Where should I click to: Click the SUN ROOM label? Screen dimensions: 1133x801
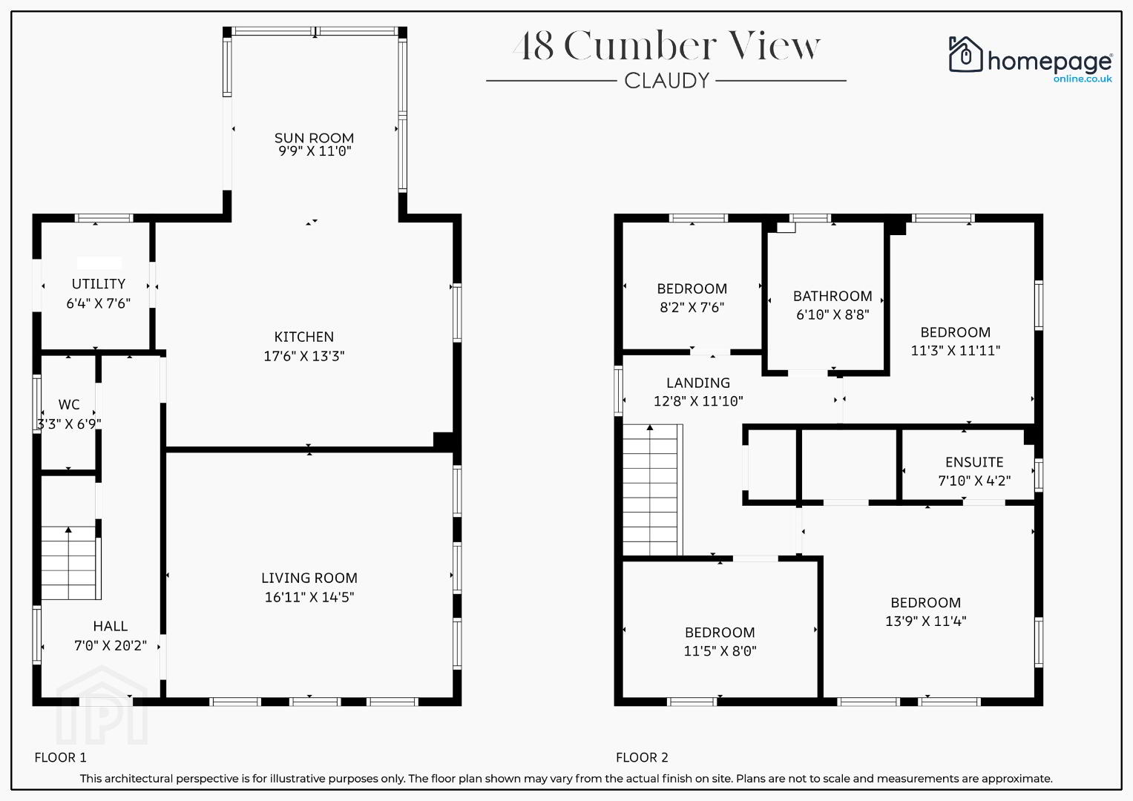[314, 137]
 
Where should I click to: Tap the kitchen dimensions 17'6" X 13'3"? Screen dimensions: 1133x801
[304, 356]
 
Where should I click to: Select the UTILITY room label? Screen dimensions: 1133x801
[99, 283]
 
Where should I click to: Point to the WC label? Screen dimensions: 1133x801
[69, 404]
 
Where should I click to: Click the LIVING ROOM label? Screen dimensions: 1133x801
[309, 578]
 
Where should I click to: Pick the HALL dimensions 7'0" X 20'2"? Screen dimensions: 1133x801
[111, 646]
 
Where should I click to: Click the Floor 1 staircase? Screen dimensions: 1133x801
[70, 563]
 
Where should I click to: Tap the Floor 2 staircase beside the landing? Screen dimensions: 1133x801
[652, 490]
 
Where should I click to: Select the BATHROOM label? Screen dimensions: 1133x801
[832, 296]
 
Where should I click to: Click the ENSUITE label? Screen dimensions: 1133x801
[974, 462]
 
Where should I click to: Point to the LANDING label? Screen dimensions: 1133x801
[698, 383]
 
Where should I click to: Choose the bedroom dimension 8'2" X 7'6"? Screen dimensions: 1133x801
[692, 308]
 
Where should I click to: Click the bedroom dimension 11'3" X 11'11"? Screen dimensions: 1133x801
[956, 350]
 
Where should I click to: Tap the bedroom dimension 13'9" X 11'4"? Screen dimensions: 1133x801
[926, 621]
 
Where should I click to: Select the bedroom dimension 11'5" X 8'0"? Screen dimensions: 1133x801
[720, 651]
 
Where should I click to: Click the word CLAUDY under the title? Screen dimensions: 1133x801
[666, 81]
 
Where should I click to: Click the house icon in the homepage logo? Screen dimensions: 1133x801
[965, 54]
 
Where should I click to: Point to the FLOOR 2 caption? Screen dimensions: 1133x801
[642, 757]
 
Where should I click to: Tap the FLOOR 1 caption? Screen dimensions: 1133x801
[60, 757]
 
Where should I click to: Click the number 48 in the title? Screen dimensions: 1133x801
[533, 45]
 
